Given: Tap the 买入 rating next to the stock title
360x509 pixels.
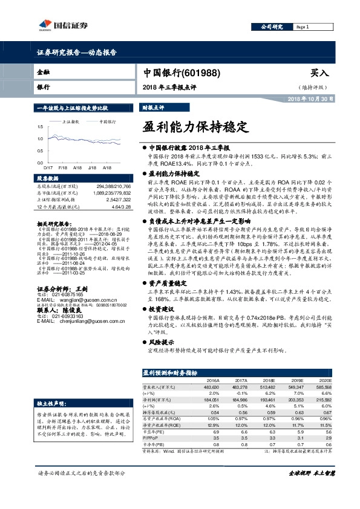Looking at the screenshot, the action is point(319,73).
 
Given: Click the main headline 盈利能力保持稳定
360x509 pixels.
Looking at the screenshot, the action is point(195,127).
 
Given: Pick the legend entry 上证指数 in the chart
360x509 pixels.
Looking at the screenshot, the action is point(72,121).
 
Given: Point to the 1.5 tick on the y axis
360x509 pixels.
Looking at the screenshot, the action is point(40,127).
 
